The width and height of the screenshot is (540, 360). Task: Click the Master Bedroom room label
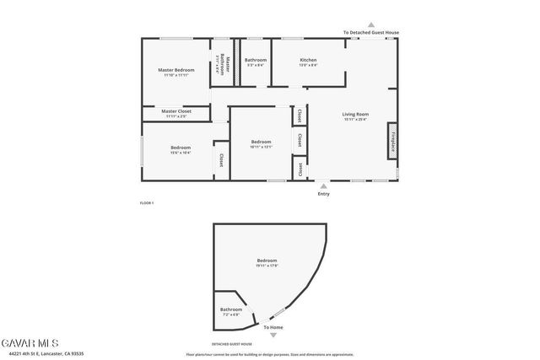[x=176, y=69]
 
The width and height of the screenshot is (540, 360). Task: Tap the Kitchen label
[x=308, y=60]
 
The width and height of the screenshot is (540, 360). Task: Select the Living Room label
[x=355, y=114]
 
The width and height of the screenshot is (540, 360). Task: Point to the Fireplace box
[x=392, y=140]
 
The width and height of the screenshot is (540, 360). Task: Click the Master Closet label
[x=176, y=111]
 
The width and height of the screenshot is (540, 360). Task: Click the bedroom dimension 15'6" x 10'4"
[x=181, y=153]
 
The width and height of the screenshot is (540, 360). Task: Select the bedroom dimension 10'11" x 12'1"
[x=261, y=147]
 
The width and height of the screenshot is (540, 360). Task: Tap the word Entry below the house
[x=323, y=194]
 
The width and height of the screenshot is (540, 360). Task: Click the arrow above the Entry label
[x=323, y=185]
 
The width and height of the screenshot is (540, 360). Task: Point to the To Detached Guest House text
[x=370, y=33]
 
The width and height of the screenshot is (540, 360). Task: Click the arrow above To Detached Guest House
[x=370, y=25]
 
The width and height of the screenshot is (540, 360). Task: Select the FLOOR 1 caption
[x=147, y=202]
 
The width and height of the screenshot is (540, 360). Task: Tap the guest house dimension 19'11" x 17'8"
[x=267, y=266]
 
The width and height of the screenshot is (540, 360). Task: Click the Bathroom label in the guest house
[x=231, y=309]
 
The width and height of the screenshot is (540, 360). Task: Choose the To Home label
[x=273, y=327]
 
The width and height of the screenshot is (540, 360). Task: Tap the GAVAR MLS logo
[x=30, y=343]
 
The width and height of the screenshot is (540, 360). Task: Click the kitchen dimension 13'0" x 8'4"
[x=308, y=65]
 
